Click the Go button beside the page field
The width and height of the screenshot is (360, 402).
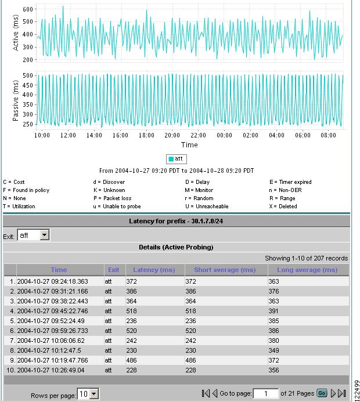[x=321, y=393]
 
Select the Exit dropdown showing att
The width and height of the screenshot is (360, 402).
[x=34, y=236]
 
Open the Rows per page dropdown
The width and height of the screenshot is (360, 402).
[x=88, y=394]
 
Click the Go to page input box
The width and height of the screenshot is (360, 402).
[x=266, y=393]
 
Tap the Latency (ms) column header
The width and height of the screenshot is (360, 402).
[x=154, y=270]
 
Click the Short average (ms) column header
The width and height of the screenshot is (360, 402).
[x=225, y=270]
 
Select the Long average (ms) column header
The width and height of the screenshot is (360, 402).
[x=308, y=270]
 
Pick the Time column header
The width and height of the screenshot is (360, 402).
[x=59, y=270]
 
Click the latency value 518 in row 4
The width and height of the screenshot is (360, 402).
[x=139, y=311]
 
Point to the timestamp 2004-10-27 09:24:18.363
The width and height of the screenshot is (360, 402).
[x=53, y=281]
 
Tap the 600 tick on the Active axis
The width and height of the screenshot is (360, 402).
[x=28, y=10]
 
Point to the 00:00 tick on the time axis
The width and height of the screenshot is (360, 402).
[x=224, y=135]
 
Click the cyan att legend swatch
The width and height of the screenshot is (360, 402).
[x=171, y=158]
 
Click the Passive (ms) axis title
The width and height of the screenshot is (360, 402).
[x=16, y=100]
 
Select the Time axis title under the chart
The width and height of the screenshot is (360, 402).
[x=189, y=144]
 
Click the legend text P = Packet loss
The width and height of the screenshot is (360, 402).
[x=113, y=198]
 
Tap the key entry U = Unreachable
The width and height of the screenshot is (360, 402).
[x=207, y=207]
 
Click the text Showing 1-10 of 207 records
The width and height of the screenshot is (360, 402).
[x=306, y=258]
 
